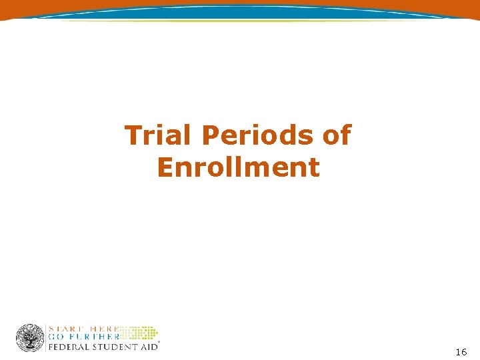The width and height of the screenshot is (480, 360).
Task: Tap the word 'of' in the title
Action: pos(336,135)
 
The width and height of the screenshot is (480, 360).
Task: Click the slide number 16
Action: pos(461,351)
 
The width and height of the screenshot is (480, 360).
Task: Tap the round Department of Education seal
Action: pos(30,338)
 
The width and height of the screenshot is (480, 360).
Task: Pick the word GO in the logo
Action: pos(56,337)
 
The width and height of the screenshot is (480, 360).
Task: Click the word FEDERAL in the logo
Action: pos(65,347)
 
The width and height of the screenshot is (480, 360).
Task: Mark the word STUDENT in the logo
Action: pos(112,347)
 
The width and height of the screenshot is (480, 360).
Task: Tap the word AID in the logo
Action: pos(148,347)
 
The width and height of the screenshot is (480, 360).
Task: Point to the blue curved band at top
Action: pos(240,11)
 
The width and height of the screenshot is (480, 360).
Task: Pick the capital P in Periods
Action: pos(211,135)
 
